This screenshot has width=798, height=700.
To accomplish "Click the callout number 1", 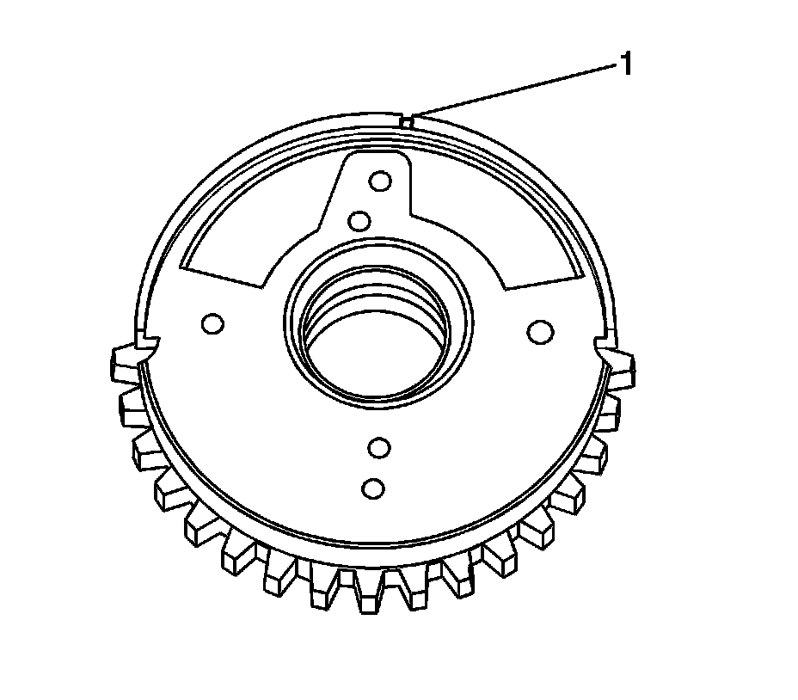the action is [626, 64].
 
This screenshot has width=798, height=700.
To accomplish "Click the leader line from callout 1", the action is [514, 89].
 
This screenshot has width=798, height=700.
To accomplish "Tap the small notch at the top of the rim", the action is [407, 121].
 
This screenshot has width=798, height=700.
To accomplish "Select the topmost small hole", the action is [380, 181].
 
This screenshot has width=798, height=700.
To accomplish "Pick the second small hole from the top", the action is [359, 221].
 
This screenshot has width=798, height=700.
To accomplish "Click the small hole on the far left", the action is [212, 323].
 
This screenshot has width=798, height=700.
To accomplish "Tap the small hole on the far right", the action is [540, 331].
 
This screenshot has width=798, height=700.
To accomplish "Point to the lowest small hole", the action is [373, 488].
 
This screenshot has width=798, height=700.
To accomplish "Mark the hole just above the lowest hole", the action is [379, 448].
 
